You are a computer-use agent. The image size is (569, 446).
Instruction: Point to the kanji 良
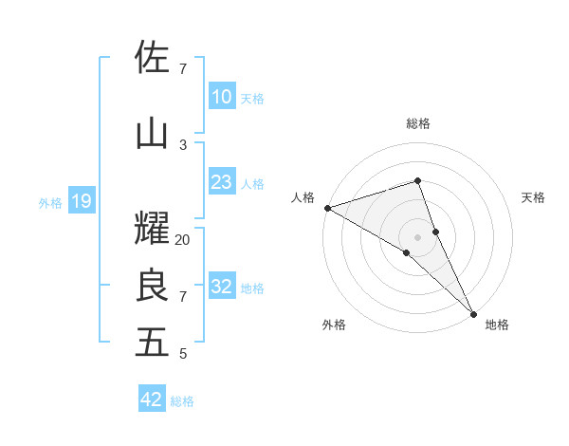click(x=153, y=285)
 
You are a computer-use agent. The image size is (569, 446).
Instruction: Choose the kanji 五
click(x=153, y=343)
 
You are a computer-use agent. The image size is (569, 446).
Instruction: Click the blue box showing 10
click(x=221, y=97)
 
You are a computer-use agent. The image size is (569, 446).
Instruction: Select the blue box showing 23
click(x=221, y=182)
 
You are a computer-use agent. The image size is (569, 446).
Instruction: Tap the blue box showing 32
click(x=221, y=287)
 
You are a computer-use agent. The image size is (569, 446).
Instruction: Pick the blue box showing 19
click(x=81, y=201)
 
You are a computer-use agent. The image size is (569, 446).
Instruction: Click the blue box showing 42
click(x=152, y=400)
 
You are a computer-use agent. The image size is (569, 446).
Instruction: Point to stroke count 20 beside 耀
click(x=183, y=240)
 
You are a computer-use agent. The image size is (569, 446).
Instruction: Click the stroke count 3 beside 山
click(x=183, y=144)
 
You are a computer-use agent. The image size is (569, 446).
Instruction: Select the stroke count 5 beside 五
click(x=183, y=355)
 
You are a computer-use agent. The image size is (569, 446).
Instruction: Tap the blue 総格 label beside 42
click(x=182, y=401)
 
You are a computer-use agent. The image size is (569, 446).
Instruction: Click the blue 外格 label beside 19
click(x=50, y=202)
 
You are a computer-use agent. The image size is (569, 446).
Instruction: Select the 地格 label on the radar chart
click(x=497, y=325)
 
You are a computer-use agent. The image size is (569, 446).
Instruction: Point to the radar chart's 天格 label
click(x=533, y=197)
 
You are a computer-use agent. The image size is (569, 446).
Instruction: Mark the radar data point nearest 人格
click(x=327, y=207)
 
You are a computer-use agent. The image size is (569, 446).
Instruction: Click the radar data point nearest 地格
click(x=472, y=313)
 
